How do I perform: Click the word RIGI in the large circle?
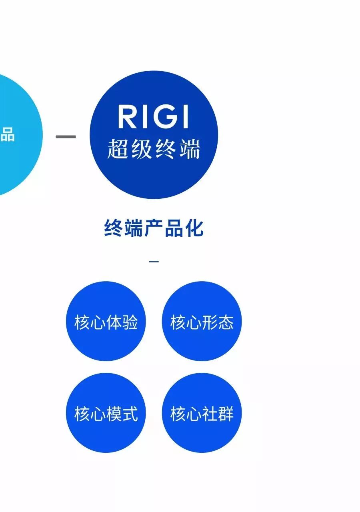pyautogui.click(x=153, y=116)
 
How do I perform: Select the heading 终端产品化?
pyautogui.click(x=154, y=228)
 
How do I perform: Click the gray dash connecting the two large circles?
pyautogui.click(x=66, y=137)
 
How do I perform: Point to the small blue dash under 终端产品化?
pyautogui.click(x=154, y=262)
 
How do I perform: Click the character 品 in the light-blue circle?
pyautogui.click(x=7, y=135)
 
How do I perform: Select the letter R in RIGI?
pyautogui.click(x=127, y=116)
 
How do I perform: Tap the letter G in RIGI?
pyautogui.click(x=164, y=116)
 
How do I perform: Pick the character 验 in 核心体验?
pyautogui.click(x=130, y=322)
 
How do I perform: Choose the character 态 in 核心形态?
pyautogui.click(x=226, y=322)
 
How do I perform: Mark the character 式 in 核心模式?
pyautogui.click(x=130, y=414)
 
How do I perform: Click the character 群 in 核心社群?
pyautogui.click(x=226, y=414)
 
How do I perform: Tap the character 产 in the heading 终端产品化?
pyautogui.click(x=154, y=228)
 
